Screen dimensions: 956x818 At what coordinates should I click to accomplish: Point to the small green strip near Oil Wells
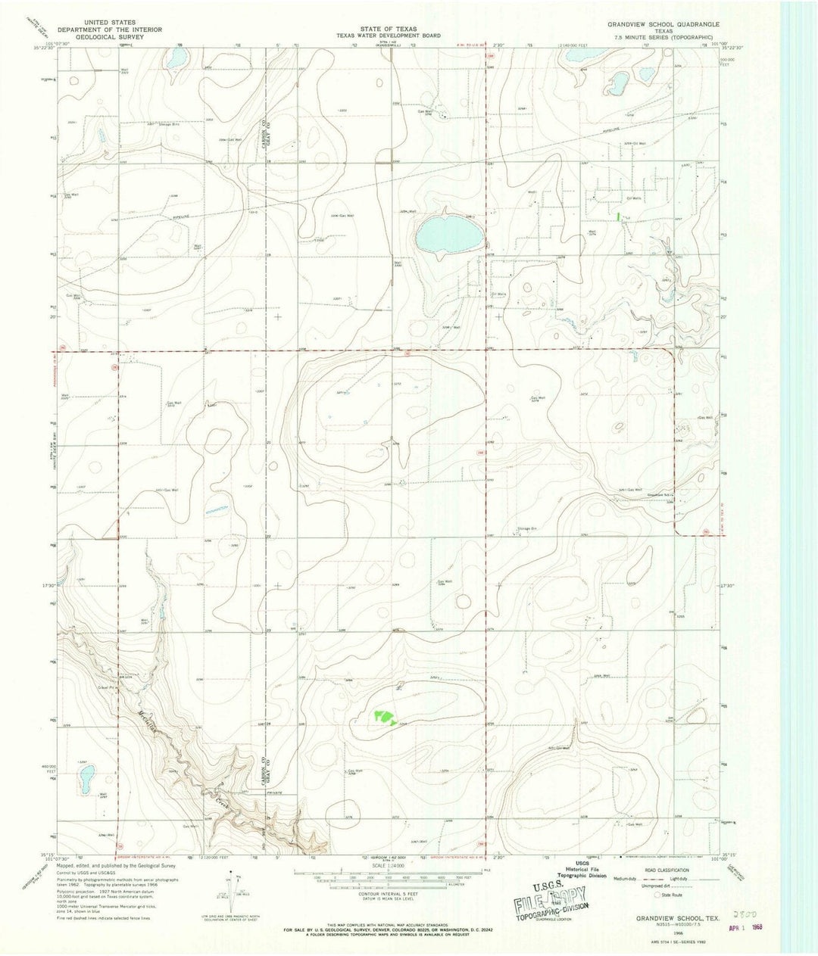[x=620, y=216]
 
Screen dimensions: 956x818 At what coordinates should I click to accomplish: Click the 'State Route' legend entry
[x=670, y=895]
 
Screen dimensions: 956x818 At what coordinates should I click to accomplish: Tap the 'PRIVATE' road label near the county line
[x=273, y=793]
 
